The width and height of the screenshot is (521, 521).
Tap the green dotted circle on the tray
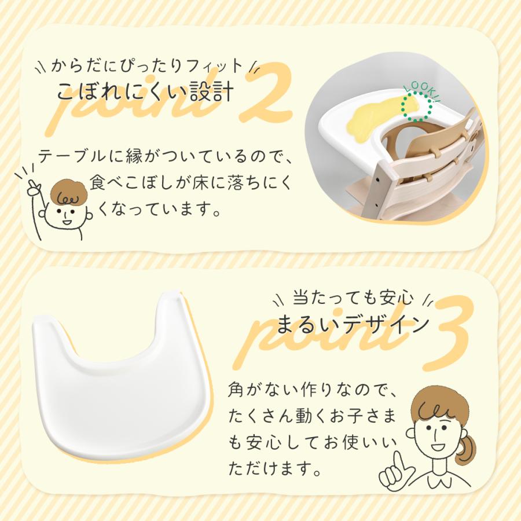point(414,108)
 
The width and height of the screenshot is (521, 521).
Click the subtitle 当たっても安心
point(353,298)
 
